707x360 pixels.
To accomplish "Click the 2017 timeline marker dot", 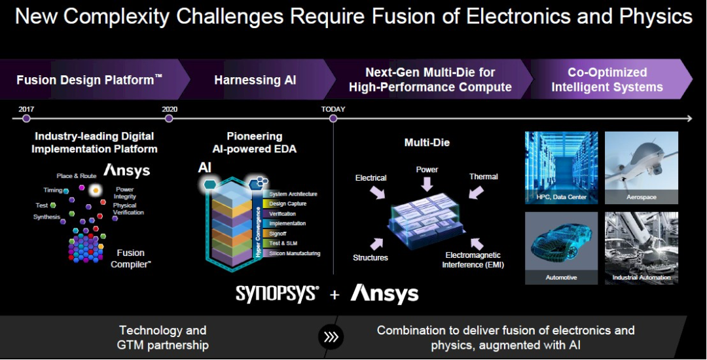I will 26,118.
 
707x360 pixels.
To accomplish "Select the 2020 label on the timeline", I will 170,109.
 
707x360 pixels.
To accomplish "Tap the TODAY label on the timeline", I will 333,109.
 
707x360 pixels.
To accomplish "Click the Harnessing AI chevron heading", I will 255,80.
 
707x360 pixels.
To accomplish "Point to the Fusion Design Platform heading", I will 89,80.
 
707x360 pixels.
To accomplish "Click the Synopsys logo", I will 277,294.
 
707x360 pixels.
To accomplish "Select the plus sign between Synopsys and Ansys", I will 335,295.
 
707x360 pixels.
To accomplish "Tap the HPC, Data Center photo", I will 561,168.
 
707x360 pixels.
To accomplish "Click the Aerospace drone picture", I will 641,168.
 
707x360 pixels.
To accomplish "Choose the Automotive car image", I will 561,247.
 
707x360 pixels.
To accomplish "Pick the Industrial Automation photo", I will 641,247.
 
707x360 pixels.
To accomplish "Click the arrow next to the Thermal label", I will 475,191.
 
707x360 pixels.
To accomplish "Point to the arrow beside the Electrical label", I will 378,192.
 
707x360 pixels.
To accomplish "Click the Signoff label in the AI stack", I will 279,234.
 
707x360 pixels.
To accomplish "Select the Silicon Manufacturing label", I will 295,253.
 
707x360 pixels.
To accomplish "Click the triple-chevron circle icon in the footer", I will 331,336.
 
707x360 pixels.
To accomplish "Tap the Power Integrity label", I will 124,193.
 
